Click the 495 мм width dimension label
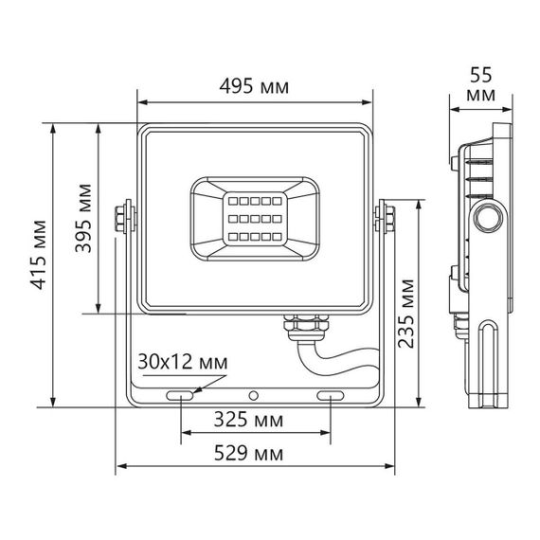coord(253,87)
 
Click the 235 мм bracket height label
coord(405,313)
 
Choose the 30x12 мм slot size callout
coord(183,362)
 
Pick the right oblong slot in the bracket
coord(331,394)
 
